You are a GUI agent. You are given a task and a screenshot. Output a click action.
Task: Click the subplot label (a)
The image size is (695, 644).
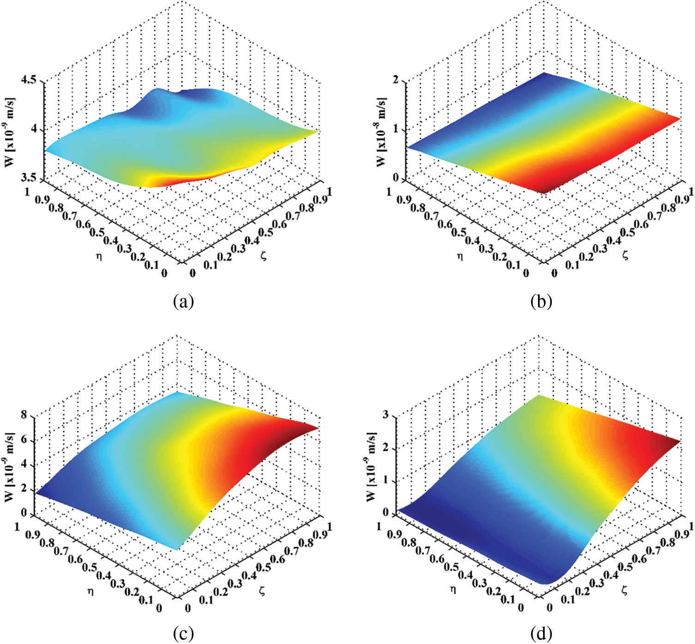coord(183,302)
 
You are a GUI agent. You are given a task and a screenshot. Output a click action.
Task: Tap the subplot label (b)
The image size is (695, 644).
coord(541,302)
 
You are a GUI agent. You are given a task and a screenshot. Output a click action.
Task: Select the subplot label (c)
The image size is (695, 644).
coord(183,633)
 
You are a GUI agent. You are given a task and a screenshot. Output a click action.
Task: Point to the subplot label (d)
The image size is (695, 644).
coord(541,633)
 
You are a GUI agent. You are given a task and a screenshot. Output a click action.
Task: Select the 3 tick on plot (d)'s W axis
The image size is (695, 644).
coord(386,415)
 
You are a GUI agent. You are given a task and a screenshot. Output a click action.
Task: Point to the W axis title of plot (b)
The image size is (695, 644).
coord(381,132)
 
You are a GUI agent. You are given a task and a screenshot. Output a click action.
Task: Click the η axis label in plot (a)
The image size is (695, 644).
coord(98,255)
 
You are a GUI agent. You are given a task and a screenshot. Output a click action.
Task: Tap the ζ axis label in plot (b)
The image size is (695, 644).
coord(625,255)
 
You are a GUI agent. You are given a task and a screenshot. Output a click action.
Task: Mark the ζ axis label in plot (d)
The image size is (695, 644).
coord(625,589)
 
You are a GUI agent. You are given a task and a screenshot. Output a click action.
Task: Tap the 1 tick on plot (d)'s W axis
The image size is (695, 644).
coord(386,481)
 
